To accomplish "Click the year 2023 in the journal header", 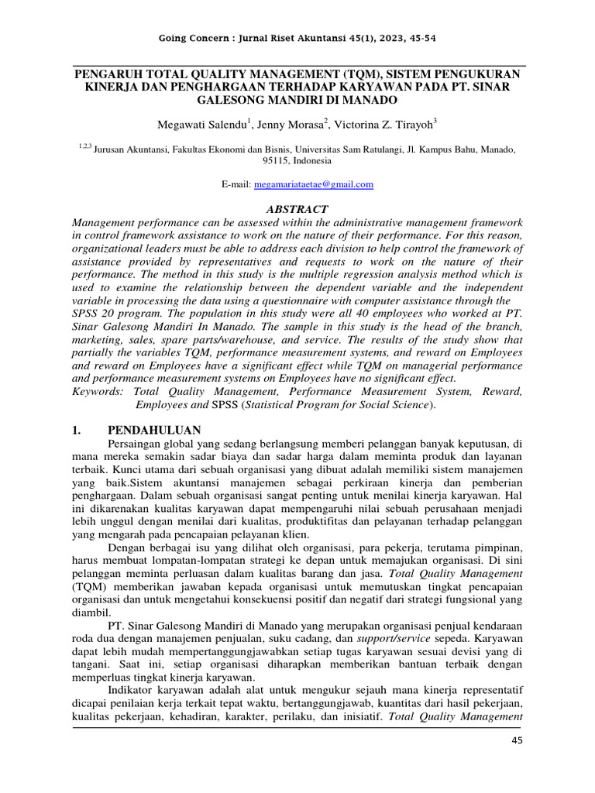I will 382,39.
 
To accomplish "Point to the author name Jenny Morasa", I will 292,124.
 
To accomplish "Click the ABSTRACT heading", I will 297,209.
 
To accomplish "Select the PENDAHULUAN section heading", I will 154,430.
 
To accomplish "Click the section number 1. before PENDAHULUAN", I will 77,430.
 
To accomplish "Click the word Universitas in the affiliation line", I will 344,148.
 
